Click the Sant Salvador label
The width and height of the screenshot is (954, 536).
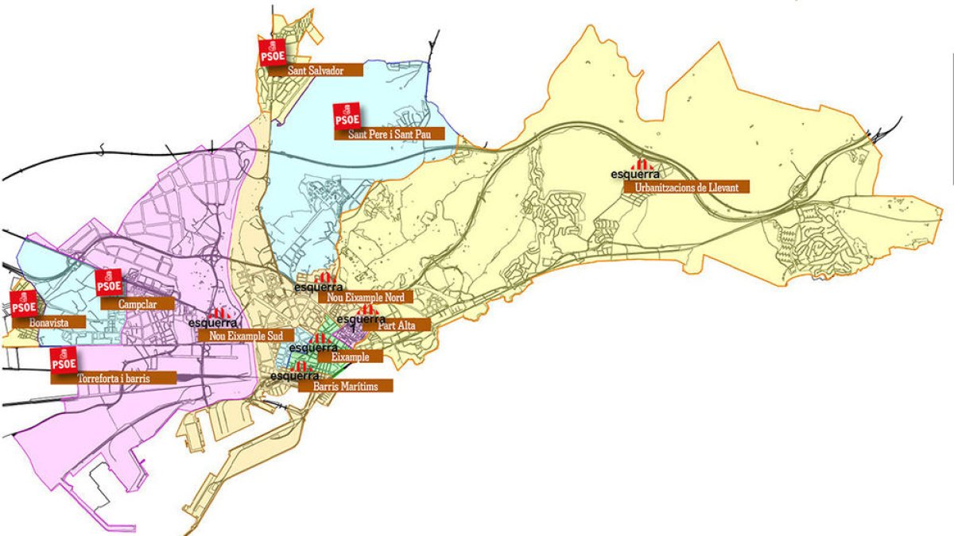(316, 70)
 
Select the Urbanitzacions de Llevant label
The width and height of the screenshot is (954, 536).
(687, 187)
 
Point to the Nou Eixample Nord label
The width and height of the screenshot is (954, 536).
(366, 298)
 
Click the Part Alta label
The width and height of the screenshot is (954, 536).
(403, 325)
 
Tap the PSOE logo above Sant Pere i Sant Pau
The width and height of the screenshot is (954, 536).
(347, 116)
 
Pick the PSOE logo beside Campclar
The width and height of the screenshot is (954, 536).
(108, 282)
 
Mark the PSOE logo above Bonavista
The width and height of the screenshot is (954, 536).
(23, 304)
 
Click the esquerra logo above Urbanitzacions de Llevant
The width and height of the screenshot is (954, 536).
(635, 168)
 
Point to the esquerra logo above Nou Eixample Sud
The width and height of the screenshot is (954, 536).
(214, 319)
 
